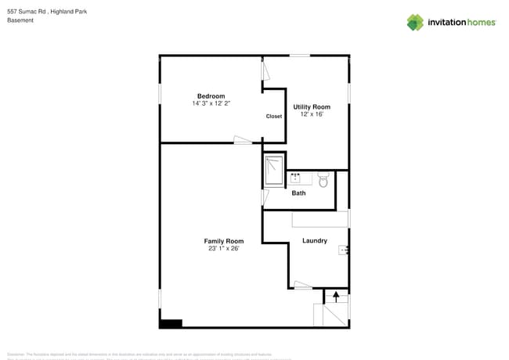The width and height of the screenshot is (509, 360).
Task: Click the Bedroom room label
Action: (x=211, y=96)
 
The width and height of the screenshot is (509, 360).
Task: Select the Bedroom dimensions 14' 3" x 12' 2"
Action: (x=211, y=103)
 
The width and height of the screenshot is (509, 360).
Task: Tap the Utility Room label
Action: (x=312, y=106)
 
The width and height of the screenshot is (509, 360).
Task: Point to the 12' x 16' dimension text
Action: (x=312, y=114)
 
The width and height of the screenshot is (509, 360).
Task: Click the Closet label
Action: (x=274, y=117)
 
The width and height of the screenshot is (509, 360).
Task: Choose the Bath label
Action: (x=298, y=193)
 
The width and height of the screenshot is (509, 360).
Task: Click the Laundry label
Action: (x=314, y=240)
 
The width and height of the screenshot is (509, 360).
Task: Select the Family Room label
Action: (x=223, y=241)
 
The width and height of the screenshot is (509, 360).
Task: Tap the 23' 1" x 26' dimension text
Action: (x=223, y=249)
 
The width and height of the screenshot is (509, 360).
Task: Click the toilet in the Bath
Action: (x=323, y=179)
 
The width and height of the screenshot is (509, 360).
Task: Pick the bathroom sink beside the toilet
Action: (x=296, y=178)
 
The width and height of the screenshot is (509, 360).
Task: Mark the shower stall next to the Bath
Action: (x=274, y=171)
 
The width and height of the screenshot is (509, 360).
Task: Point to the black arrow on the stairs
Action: (x=336, y=297)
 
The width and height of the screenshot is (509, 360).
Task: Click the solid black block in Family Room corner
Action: (x=171, y=322)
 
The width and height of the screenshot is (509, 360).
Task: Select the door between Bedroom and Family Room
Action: (x=243, y=141)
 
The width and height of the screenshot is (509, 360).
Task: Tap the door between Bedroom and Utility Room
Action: (x=265, y=72)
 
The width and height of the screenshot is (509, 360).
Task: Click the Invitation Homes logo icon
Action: (x=415, y=22)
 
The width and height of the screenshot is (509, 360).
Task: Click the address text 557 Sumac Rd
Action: (x=27, y=11)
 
